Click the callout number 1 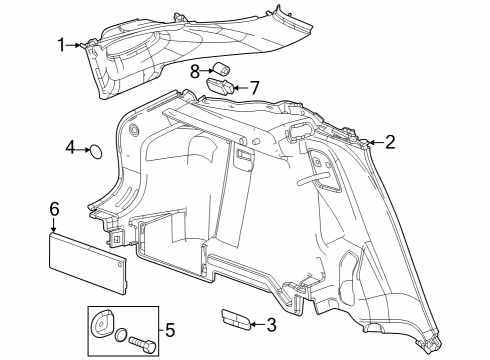point(61,45)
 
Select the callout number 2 point(390,142)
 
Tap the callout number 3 point(272,325)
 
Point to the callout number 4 point(70,147)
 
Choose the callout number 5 point(170,330)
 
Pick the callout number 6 point(54,209)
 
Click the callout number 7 point(254,88)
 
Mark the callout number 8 point(195,71)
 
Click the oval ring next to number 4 point(96,152)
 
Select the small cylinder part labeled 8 point(221,69)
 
